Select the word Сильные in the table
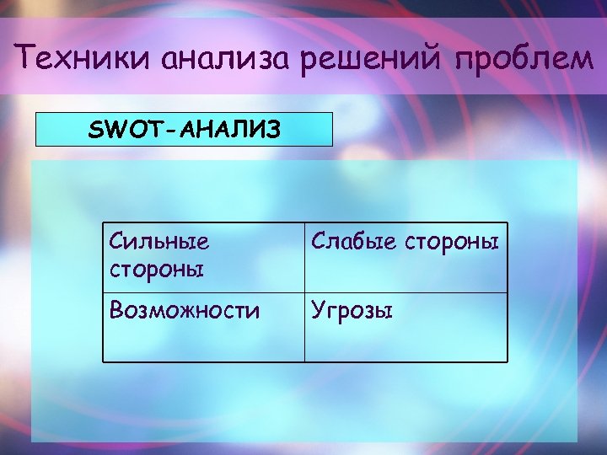click(158, 242)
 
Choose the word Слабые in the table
click(352, 242)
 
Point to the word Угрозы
click(352, 312)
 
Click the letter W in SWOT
click(110, 131)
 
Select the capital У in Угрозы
click(318, 312)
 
